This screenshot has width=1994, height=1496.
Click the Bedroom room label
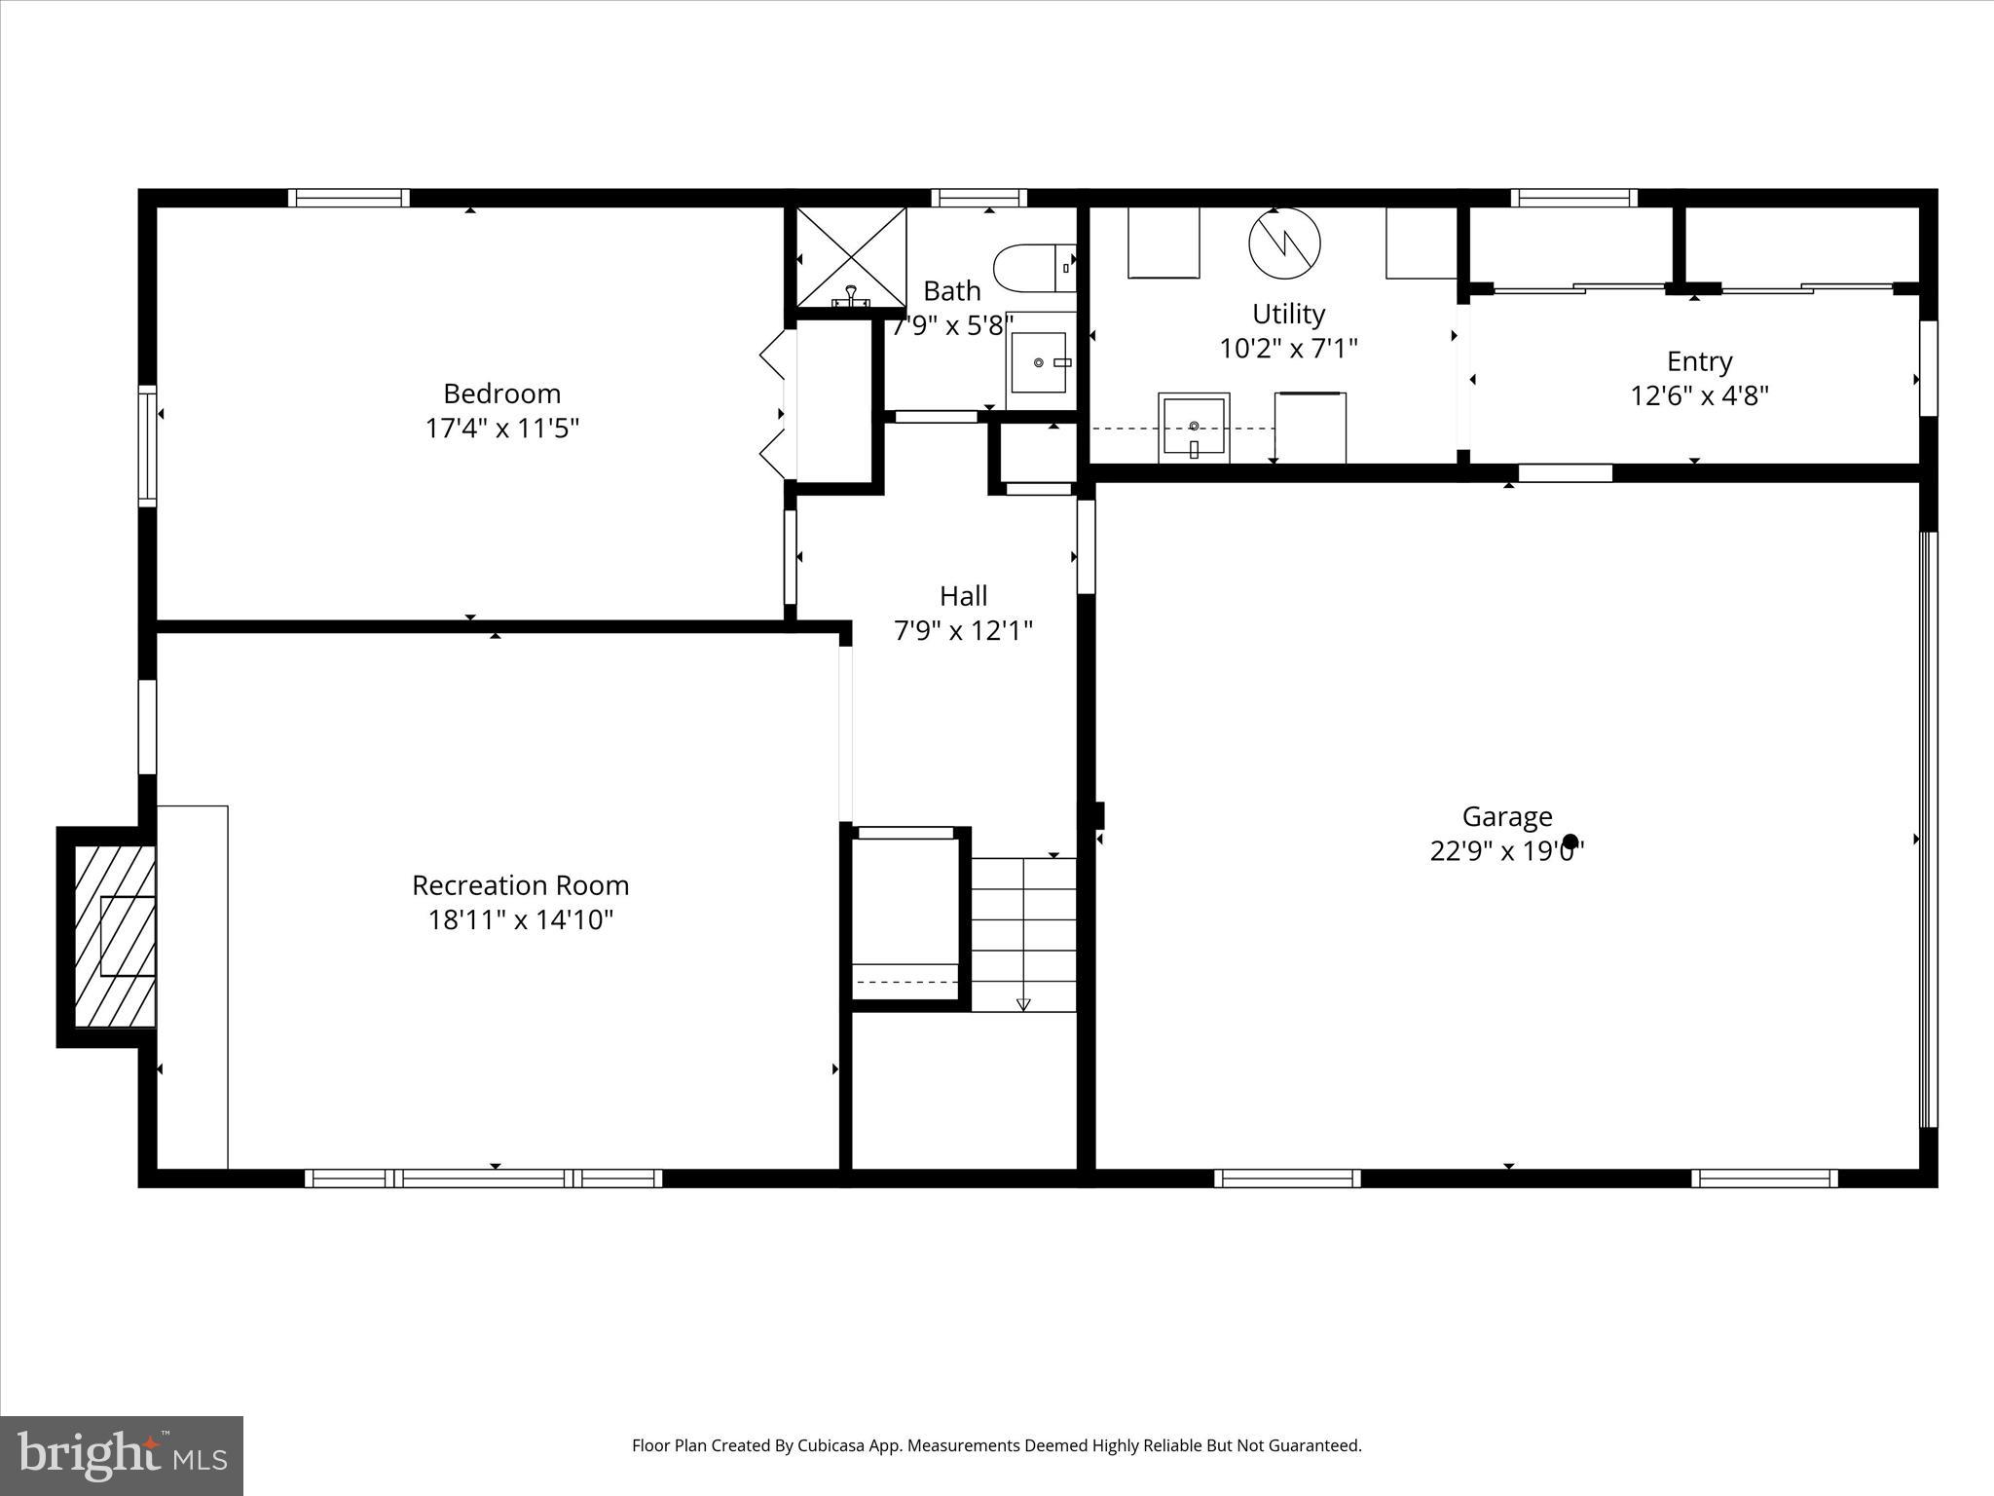coord(501,393)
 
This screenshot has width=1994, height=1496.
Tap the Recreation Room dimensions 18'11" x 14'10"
coord(520,919)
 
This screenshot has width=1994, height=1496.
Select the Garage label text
coord(1506,816)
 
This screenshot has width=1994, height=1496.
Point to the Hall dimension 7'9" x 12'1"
coord(963,631)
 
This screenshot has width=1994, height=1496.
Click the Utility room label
coord(1288,314)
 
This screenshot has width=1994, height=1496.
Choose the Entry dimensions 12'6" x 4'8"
coord(1699,395)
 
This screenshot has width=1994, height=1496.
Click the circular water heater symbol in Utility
coord(1284,243)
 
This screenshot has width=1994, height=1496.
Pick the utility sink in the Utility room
coord(1194,427)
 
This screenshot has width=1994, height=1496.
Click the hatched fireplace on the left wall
coord(115,936)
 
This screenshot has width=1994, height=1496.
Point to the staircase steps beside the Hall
coord(1023,935)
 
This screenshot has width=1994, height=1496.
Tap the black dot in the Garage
coord(1569,841)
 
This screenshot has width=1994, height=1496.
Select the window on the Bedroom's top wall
coord(349,198)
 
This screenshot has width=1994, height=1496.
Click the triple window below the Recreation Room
coord(484,1178)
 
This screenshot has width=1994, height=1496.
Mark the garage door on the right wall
coord(1928,829)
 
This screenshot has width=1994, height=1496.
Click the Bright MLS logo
coord(122,1455)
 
